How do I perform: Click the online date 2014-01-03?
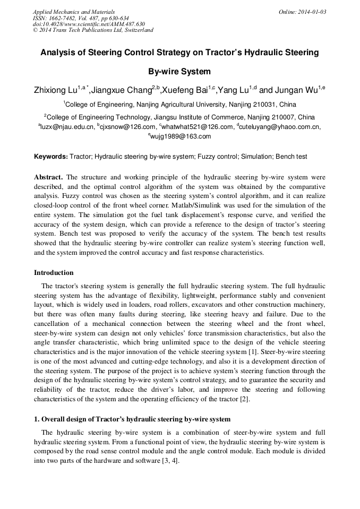click(x=311, y=12)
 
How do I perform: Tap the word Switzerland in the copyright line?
click(x=138, y=30)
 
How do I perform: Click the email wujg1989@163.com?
click(x=181, y=136)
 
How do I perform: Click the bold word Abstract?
click(x=48, y=177)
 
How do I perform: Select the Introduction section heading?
click(x=54, y=273)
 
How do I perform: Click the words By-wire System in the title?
click(x=179, y=72)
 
